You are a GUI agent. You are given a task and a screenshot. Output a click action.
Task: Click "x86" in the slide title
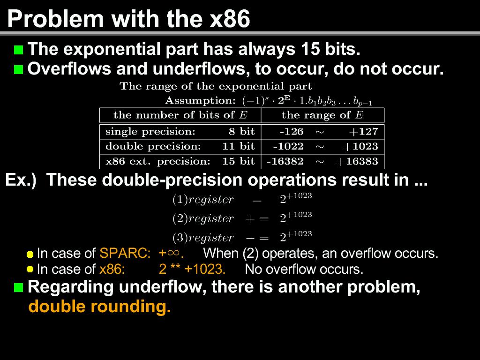pyautogui.click(x=230, y=19)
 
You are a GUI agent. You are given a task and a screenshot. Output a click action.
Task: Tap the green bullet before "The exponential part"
pyautogui.click(x=19, y=50)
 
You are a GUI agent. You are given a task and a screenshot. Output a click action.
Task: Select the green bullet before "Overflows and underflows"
pyautogui.click(x=19, y=69)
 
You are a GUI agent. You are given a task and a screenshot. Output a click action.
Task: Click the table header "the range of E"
pyautogui.click(x=322, y=115)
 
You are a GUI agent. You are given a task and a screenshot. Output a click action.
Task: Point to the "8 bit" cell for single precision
pyautogui.click(x=241, y=131)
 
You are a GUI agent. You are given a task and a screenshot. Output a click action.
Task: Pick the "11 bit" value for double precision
pyautogui.click(x=239, y=146)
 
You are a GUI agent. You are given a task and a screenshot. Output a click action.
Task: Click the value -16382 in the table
pyautogui.click(x=285, y=161)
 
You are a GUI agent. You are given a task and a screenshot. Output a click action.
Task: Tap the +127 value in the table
pyautogui.click(x=364, y=132)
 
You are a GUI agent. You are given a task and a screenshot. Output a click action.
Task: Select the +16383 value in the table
pyautogui.click(x=357, y=161)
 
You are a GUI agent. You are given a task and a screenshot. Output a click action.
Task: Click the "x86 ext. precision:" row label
pyautogui.click(x=158, y=161)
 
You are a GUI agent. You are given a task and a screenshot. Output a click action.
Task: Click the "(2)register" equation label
pyautogui.click(x=203, y=218)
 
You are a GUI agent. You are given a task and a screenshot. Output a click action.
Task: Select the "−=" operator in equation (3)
pyautogui.click(x=257, y=238)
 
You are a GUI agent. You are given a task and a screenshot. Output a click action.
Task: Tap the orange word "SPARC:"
pyautogui.click(x=125, y=254)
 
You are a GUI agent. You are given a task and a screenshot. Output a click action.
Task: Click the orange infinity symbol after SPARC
pyautogui.click(x=173, y=253)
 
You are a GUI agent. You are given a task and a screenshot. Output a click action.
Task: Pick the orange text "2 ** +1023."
pyautogui.click(x=192, y=269)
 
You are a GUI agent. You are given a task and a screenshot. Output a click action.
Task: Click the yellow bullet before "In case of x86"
pyautogui.click(x=30, y=269)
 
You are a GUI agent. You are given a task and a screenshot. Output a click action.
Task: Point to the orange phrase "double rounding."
pyautogui.click(x=99, y=307)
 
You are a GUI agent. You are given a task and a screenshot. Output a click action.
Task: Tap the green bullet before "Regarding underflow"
pyautogui.click(x=19, y=287)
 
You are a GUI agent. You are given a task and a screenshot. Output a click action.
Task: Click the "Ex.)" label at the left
pyautogui.click(x=21, y=180)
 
